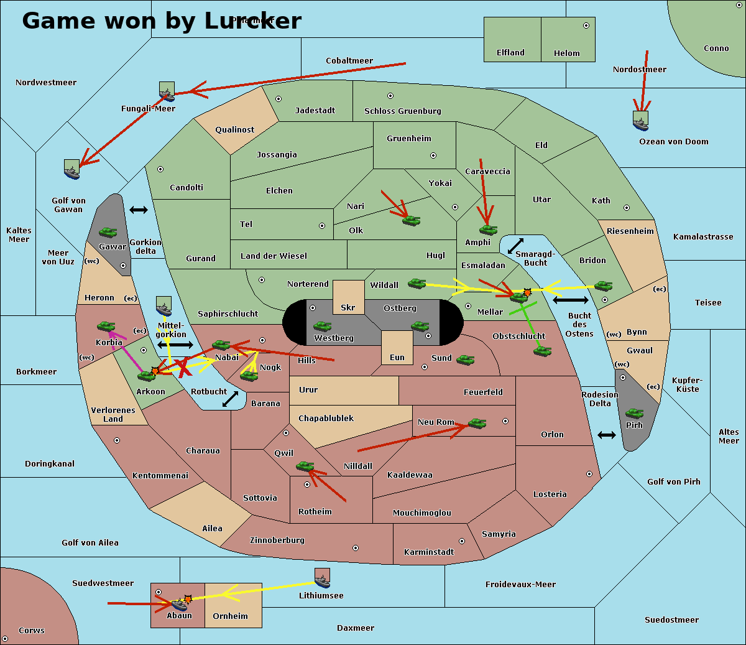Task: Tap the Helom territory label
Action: (566, 53)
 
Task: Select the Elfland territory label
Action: (510, 53)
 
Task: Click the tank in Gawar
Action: (108, 233)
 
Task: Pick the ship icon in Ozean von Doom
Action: (640, 121)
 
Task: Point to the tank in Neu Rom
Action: (477, 424)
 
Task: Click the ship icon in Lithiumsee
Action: (322, 578)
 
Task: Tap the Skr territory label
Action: (348, 308)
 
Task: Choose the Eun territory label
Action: (397, 358)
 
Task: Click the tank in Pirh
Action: (635, 414)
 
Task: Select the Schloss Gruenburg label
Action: (402, 111)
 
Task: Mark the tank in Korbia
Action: (106, 327)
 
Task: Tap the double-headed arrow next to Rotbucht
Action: (230, 399)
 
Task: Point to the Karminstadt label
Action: (429, 552)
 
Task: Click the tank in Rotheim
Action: (305, 466)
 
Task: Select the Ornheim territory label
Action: (230, 616)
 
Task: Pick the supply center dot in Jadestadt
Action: (279, 99)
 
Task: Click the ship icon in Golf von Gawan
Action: (72, 169)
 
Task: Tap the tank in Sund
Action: (466, 360)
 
